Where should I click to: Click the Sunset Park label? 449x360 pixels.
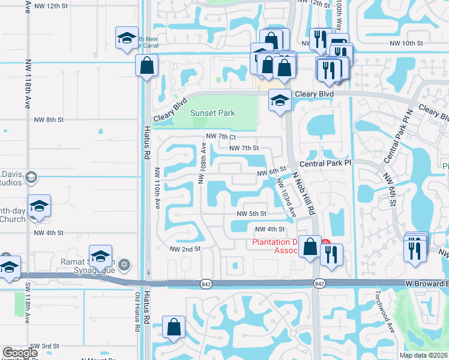(x=212, y=113)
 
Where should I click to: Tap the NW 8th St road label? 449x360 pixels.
(x=49, y=120)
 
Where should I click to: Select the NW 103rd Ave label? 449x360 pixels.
(x=286, y=197)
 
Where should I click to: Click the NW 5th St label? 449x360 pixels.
(x=251, y=214)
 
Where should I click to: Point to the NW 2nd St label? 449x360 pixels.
(x=184, y=248)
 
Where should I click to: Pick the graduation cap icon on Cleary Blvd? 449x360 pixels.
(x=279, y=100)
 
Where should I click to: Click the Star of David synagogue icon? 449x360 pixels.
(x=125, y=264)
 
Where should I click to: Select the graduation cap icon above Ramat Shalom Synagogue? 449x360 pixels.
(x=100, y=256)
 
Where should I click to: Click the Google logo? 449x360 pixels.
(x=20, y=353)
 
